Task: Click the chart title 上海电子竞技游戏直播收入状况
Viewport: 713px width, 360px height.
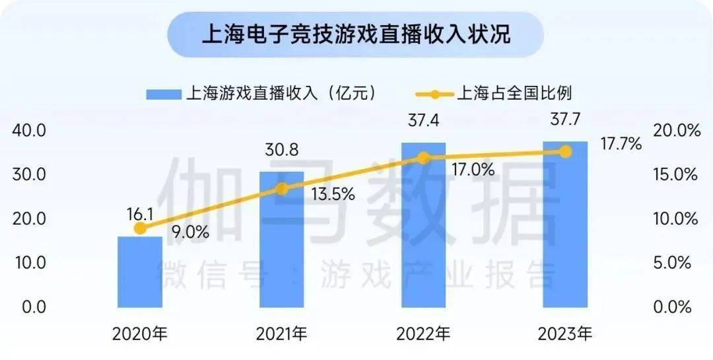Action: coord(356,34)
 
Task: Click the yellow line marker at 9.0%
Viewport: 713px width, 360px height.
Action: coord(140,228)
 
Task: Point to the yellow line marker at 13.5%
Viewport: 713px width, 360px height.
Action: coord(282,189)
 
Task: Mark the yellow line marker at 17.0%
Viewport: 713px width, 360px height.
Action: coord(424,159)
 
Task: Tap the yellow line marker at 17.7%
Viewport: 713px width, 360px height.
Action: coord(565,151)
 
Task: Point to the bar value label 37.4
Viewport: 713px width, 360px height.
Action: coord(424,121)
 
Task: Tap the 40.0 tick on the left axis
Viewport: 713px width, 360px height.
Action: coord(28,131)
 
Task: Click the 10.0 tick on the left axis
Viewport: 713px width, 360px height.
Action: coord(28,263)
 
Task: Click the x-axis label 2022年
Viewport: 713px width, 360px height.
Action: coord(424,334)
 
